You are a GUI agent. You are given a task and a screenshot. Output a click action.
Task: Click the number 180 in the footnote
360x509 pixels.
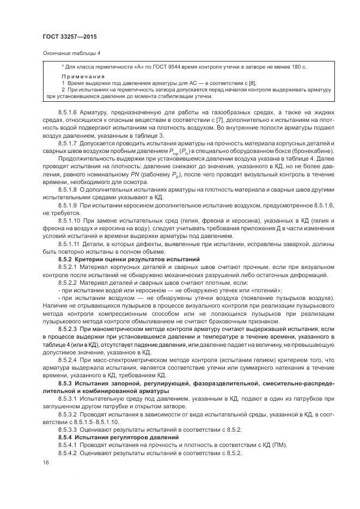pyautogui.click(x=296, y=66)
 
